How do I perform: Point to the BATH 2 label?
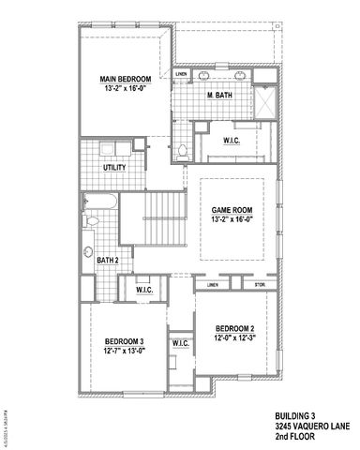pyautogui.click(x=109, y=260)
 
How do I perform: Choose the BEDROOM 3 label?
pyautogui.click(x=124, y=340)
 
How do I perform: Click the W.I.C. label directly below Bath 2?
pyautogui.click(x=144, y=290)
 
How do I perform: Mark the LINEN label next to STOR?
pyautogui.click(x=213, y=284)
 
